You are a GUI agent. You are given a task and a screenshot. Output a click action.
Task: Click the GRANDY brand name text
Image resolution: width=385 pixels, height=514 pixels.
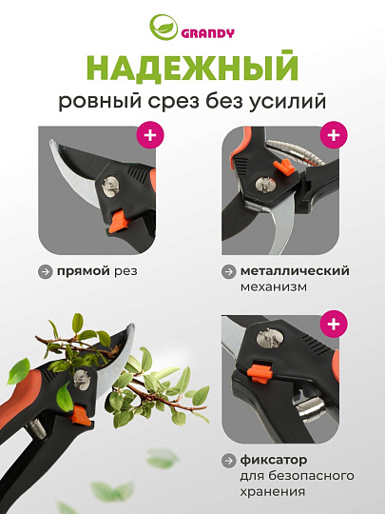click(207, 33)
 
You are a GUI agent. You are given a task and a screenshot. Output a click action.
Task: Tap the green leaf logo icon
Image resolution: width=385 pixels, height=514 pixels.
click(164, 28)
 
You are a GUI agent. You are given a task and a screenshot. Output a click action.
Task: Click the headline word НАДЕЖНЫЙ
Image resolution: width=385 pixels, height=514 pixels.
click(193, 68)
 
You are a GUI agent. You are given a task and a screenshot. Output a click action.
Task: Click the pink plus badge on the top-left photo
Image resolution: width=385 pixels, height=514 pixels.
click(150, 135)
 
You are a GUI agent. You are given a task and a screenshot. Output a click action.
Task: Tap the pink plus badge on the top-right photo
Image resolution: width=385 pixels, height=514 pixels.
click(334, 135)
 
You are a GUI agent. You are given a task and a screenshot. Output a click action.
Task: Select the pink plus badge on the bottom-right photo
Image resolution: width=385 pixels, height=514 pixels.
click(334, 325)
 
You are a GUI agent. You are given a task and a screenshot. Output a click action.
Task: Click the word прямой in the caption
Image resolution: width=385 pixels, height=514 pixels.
click(84, 271)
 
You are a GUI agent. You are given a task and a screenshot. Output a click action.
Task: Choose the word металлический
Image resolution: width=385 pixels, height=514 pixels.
click(295, 271)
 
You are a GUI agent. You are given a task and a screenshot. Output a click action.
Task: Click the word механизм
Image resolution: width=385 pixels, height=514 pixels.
click(274, 287)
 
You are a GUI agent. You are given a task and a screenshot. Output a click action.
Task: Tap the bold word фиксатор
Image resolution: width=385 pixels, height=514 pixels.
click(274, 461)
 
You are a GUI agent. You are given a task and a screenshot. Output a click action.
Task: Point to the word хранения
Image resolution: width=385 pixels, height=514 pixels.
click(273, 492)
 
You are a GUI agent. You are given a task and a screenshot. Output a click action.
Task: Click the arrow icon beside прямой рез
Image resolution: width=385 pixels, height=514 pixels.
click(46, 271)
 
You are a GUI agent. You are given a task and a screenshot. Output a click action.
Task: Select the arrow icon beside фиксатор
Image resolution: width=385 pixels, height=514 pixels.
click(228, 461)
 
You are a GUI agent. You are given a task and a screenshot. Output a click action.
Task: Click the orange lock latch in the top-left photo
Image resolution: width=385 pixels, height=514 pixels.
click(120, 222)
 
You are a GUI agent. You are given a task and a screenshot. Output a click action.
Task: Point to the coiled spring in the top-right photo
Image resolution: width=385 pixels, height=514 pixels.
click(297, 151)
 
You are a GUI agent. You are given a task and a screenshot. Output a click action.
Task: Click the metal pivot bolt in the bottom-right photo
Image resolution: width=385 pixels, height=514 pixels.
click(270, 338)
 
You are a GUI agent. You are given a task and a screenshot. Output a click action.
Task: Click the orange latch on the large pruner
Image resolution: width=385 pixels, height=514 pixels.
click(81, 415)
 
